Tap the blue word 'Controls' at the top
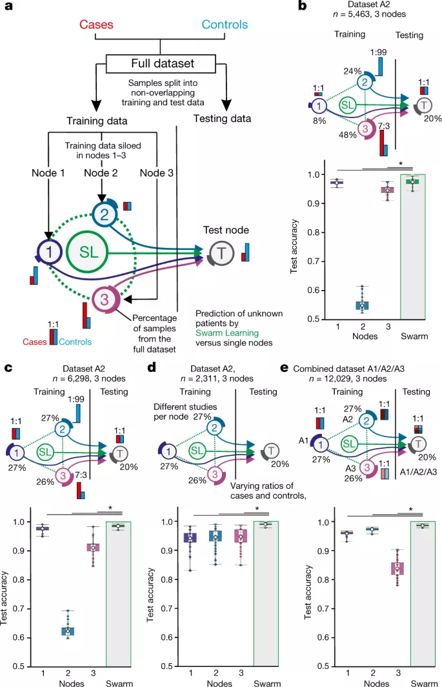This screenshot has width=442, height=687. (x=224, y=26)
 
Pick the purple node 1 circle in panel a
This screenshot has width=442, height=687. (x=48, y=253)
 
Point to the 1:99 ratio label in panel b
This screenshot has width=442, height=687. (x=378, y=51)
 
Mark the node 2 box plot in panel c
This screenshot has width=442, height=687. (x=68, y=630)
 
